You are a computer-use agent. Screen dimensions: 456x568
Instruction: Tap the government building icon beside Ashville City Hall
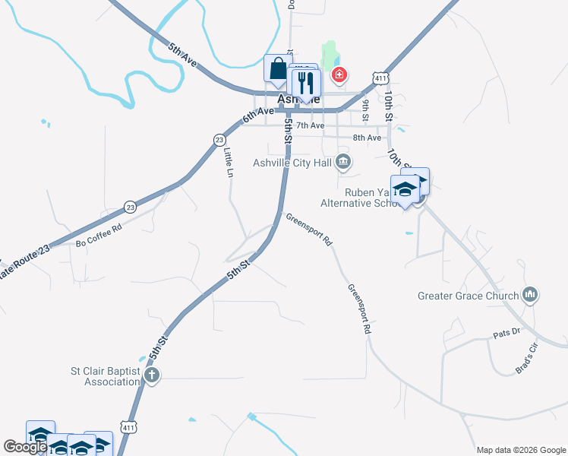click(x=343, y=161)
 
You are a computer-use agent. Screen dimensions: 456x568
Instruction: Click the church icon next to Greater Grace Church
click(x=531, y=295)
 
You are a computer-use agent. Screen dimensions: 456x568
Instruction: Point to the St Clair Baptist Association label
click(x=105, y=376)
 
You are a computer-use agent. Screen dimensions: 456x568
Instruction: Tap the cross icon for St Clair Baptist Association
click(x=152, y=375)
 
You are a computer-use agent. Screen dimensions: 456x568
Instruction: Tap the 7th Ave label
click(x=310, y=125)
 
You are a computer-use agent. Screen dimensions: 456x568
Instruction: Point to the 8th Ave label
click(x=367, y=138)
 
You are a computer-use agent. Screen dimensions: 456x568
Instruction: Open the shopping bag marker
click(x=278, y=68)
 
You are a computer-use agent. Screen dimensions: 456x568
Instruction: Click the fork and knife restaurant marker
click(x=306, y=84)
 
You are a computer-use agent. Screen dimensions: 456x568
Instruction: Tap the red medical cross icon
click(x=339, y=74)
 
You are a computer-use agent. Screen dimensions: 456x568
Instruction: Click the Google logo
click(x=25, y=447)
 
